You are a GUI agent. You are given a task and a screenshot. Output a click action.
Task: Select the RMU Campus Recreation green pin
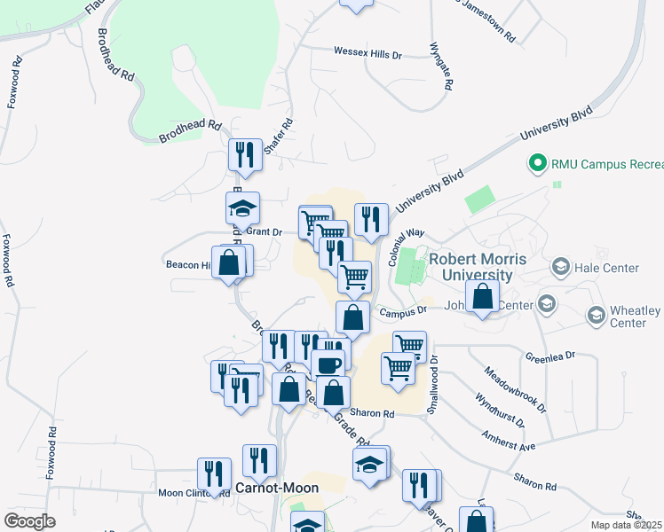pos(536,164)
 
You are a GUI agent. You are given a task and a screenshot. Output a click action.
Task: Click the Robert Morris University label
pos(478,267)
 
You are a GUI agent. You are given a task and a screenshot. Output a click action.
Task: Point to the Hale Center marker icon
pos(560,267)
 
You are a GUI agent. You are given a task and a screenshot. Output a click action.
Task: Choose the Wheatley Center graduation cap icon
pos(595,315)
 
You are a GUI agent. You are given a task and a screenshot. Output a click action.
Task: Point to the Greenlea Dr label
pos(550,356)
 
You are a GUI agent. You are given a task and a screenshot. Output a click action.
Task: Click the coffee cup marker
pos(328,364)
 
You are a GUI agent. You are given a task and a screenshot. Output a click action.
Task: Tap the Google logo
pos(29,521)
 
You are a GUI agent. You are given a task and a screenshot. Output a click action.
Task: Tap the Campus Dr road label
pos(403,311)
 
